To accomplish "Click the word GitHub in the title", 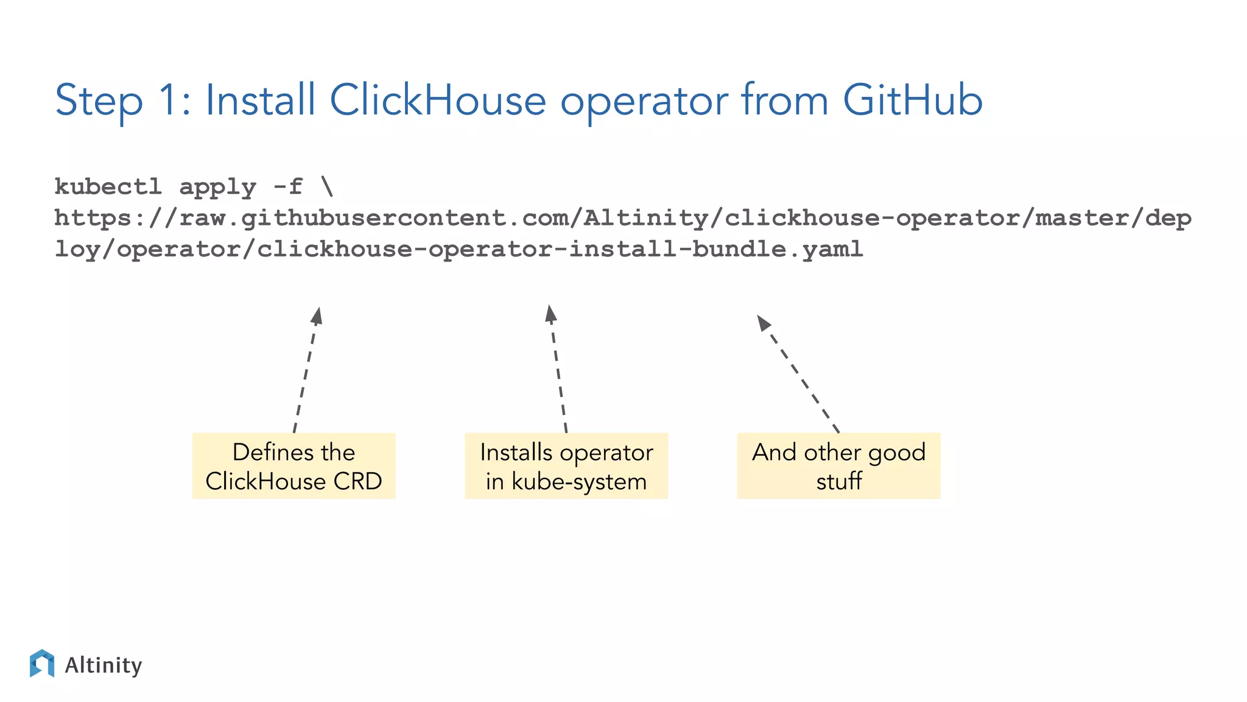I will (912, 101).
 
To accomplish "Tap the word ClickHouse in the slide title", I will (437, 101).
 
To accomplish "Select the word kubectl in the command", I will (108, 187).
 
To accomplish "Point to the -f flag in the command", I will (287, 186).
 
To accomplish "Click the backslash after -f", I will (327, 186).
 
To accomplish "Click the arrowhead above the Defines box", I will (317, 316).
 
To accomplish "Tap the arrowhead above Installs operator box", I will (550, 314).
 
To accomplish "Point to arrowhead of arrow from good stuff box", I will (764, 323).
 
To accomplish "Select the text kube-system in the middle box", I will (578, 481).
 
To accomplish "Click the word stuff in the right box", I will (838, 481).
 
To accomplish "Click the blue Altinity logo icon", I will (42, 664).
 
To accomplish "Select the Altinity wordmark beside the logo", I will (103, 665).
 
